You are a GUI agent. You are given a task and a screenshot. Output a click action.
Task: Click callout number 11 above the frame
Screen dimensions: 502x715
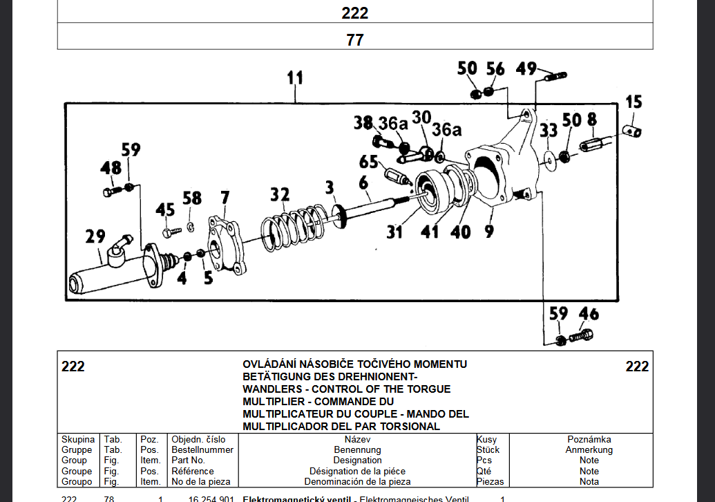tap(295, 78)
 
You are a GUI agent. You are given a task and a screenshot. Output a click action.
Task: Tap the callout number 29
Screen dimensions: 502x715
tap(95, 237)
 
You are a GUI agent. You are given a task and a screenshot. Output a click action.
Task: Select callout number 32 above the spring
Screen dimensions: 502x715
tap(280, 195)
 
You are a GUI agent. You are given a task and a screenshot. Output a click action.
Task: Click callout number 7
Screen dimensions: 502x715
tap(225, 198)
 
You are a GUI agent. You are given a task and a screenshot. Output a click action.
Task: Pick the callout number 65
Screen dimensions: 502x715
tap(368, 162)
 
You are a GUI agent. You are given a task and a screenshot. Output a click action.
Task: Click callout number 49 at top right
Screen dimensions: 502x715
tap(526, 68)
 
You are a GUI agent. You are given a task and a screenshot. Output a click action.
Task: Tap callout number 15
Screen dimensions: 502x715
tap(633, 102)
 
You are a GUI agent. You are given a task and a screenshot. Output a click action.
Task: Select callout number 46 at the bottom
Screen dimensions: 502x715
tap(589, 315)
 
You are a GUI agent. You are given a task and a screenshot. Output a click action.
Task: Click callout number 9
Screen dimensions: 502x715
tap(489, 232)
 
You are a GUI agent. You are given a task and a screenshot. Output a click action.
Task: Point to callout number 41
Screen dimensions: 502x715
tap(430, 232)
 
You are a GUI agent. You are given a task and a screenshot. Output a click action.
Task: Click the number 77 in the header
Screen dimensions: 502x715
tap(354, 39)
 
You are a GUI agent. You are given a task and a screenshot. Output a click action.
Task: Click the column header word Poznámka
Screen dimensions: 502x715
tap(589, 439)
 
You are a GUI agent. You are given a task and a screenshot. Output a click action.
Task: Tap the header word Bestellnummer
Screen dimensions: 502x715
tap(202, 449)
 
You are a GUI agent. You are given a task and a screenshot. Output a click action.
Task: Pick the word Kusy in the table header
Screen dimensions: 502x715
tap(486, 439)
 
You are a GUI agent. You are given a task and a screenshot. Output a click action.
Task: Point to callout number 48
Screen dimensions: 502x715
tap(111, 168)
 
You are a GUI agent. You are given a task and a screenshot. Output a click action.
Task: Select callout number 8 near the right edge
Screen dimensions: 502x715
tap(592, 120)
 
